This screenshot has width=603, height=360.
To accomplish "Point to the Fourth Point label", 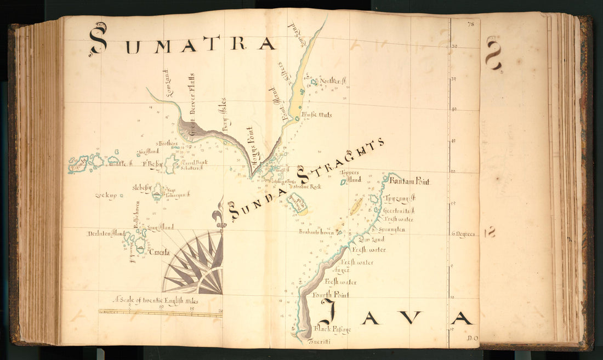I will tap(331, 295).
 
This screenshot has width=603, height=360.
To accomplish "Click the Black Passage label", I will tap(332, 329).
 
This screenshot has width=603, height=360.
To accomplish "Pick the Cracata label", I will tap(160, 253).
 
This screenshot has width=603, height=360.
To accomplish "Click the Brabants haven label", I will tap(317, 232).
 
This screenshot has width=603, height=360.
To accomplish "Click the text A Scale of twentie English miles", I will tap(156, 300).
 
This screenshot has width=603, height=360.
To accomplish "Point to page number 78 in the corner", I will tap(470, 24).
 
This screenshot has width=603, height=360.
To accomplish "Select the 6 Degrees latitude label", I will tap(464, 234).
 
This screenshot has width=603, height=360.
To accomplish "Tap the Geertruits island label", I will tap(400, 210).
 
